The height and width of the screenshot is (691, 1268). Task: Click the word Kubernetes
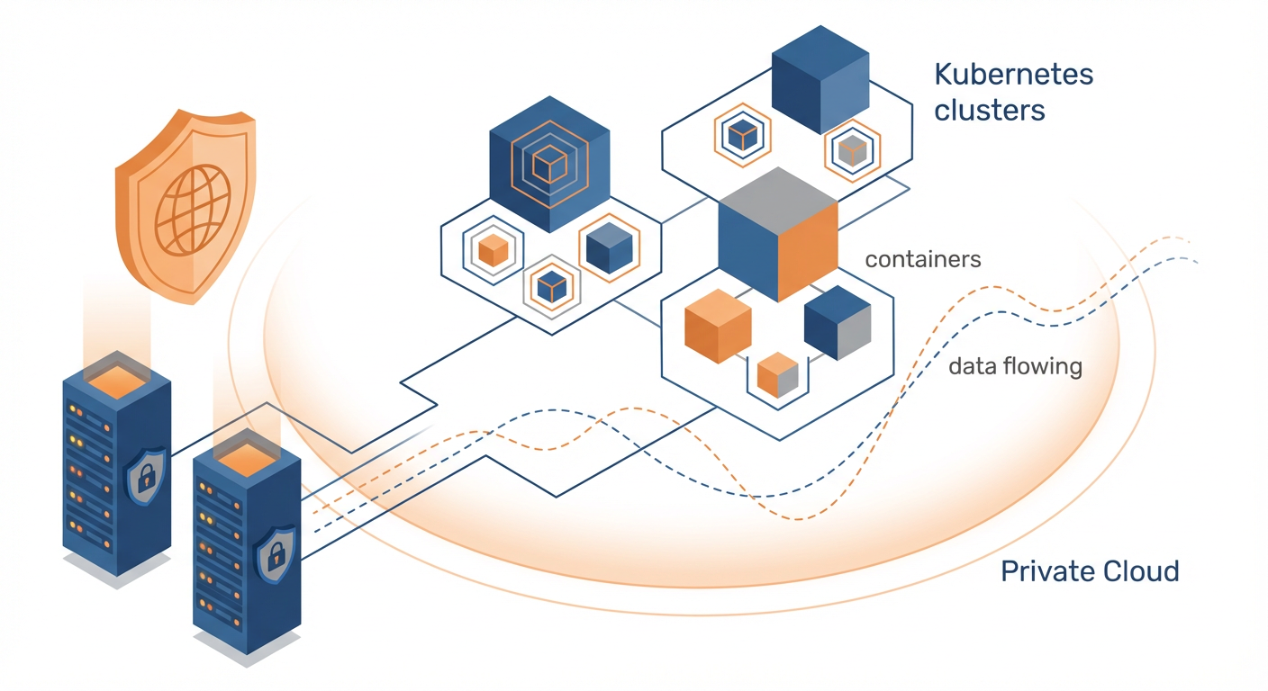1014,74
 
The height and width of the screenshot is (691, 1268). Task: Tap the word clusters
990,110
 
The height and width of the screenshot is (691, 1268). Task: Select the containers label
922,260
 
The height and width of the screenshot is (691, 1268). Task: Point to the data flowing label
1015,367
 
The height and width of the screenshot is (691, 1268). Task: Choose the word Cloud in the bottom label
1141,570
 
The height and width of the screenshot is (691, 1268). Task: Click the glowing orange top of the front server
245,456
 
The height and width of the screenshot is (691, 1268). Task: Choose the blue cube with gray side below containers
838,322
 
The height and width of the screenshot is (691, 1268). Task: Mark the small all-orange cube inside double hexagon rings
493,249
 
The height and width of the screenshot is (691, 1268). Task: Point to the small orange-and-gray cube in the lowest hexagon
778,374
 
